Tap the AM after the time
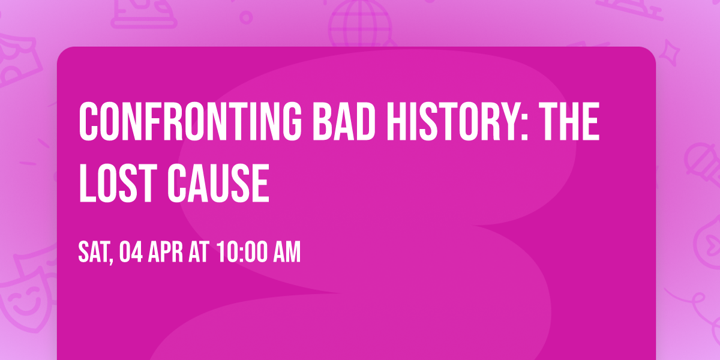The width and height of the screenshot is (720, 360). tap(286, 253)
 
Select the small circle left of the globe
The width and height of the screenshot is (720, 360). tap(247, 17)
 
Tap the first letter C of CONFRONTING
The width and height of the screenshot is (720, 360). tap(89, 121)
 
